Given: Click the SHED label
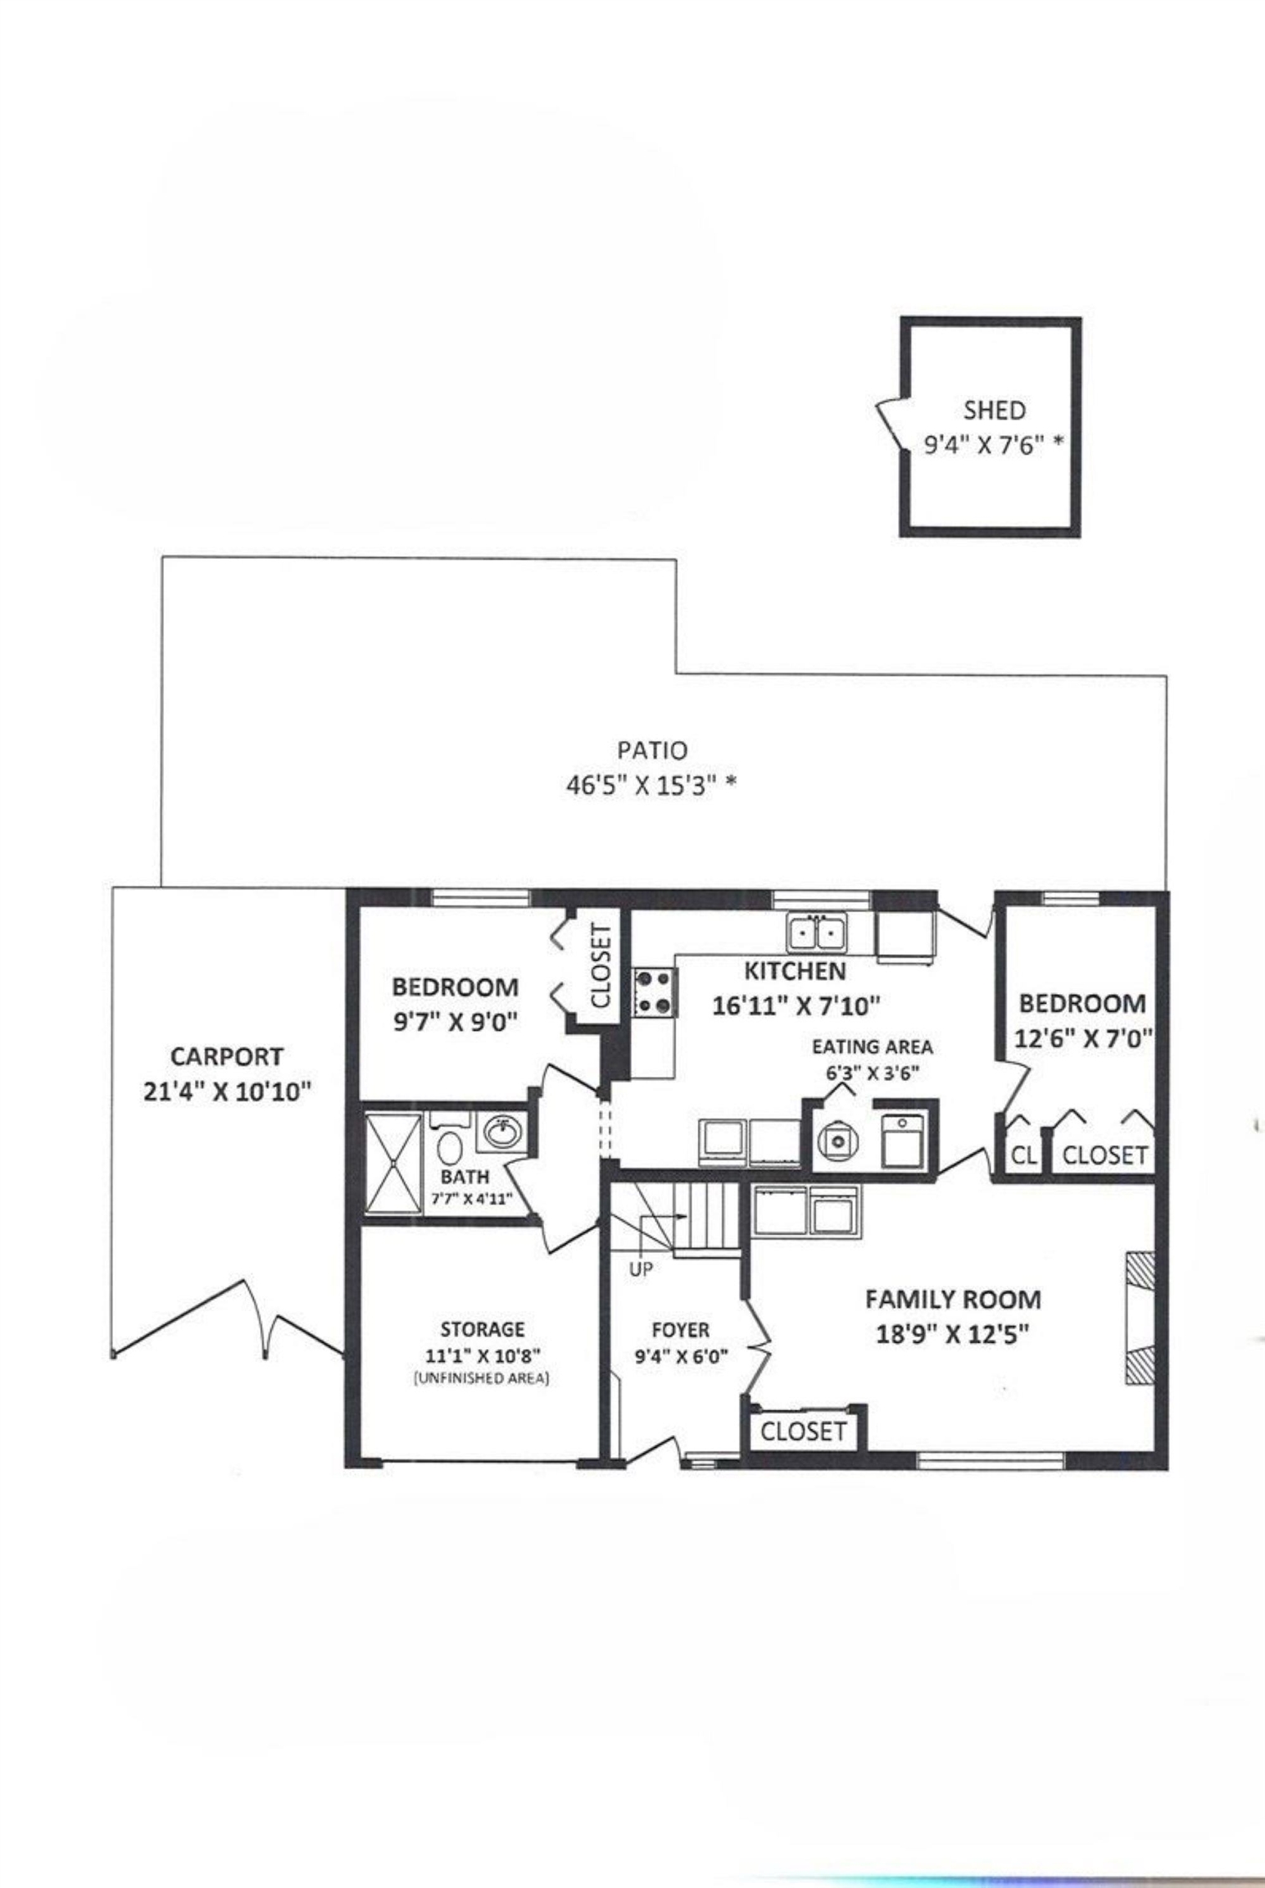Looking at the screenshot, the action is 994,410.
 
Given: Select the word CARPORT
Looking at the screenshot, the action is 227,1056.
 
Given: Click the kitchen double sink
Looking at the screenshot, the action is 818,933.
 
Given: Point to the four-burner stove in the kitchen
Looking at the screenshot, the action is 655,992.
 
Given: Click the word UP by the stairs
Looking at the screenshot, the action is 641,1269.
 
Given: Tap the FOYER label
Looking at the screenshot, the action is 681,1329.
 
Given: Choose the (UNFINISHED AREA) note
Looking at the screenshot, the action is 482,1378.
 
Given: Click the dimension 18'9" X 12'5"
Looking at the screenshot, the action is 952,1334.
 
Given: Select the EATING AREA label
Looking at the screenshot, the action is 873,1046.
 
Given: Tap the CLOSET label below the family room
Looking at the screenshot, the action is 803,1432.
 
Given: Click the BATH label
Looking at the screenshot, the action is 465,1178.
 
